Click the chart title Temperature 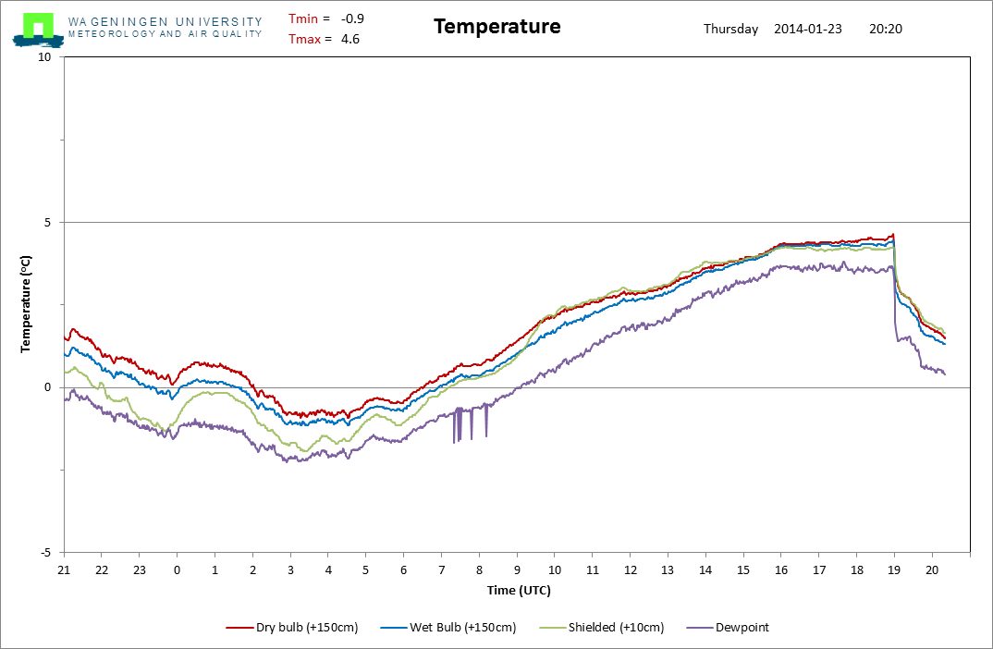496,27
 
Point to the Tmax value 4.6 350,39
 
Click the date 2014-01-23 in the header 807,29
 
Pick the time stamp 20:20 886,29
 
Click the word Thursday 730,29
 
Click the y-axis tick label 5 49,223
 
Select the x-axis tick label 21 64,569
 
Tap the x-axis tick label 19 894,569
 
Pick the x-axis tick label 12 630,569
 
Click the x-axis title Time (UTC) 519,590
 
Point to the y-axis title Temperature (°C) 27,305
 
